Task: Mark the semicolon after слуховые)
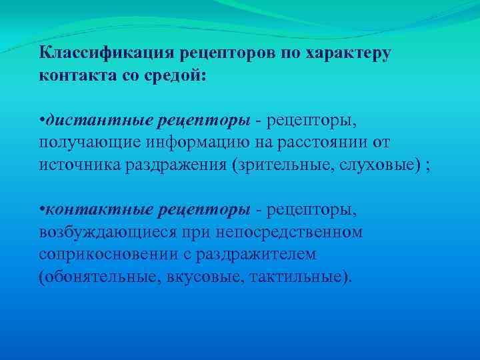(x=427, y=167)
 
